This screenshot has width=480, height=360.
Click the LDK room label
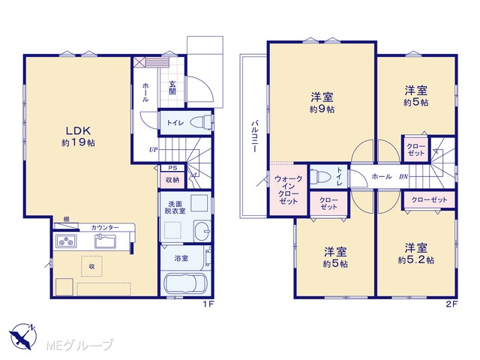(x=78, y=131)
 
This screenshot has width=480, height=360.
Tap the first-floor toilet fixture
(x=201, y=122)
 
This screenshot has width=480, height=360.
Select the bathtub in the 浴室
(x=184, y=284)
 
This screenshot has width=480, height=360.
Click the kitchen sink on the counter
(x=105, y=241)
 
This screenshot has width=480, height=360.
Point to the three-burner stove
(x=66, y=241)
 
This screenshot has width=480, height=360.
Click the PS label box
(x=172, y=168)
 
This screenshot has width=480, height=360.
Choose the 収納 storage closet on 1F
(x=172, y=180)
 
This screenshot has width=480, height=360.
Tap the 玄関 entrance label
(x=172, y=88)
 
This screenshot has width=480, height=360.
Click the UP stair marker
(x=153, y=150)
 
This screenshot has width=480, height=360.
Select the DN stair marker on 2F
(x=403, y=177)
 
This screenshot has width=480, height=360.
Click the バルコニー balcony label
(x=254, y=136)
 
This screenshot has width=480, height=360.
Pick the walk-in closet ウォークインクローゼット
(x=288, y=190)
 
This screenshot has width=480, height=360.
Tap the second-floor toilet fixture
(x=320, y=177)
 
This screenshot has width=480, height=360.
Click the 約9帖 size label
(x=322, y=109)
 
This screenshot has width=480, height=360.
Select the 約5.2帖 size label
(x=415, y=260)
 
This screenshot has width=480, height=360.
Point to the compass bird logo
(x=22, y=336)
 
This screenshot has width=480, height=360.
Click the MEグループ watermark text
(x=79, y=346)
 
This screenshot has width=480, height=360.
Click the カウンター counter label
(x=105, y=227)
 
